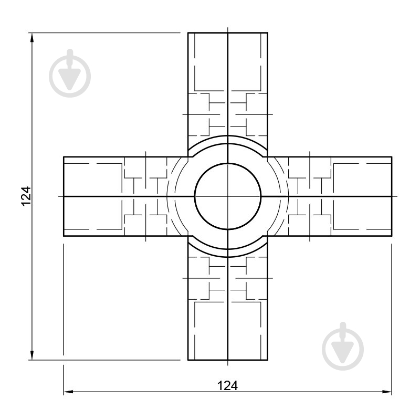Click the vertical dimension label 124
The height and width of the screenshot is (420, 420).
point(27,196)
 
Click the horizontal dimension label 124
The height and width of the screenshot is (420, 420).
point(227,386)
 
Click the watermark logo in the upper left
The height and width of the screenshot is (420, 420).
point(70,73)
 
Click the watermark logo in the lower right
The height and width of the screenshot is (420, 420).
point(343,346)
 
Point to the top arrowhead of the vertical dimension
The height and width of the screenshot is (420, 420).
point(32,37)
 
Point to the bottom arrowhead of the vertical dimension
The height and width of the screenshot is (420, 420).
point(32,355)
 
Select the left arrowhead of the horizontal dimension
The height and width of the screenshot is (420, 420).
point(69,392)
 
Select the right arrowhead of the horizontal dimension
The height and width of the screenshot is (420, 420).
point(387,392)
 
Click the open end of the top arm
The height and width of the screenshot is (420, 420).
point(228,33)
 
